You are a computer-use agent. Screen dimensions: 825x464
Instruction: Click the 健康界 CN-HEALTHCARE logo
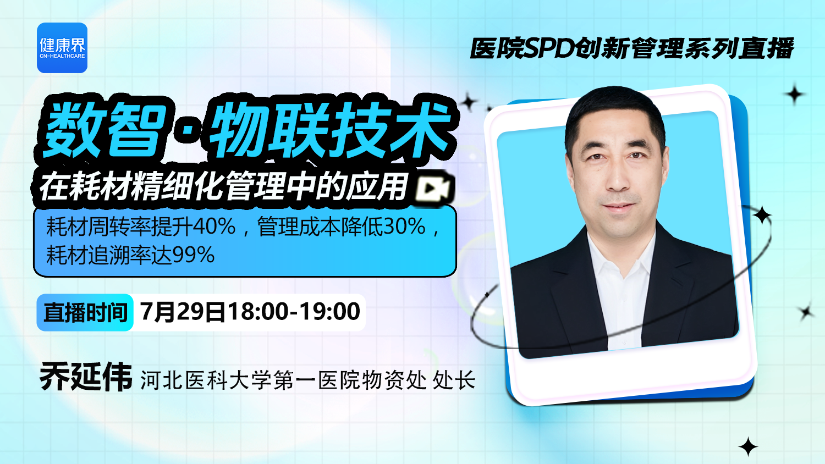(62, 48)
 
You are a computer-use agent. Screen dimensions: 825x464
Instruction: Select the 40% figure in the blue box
(214, 227)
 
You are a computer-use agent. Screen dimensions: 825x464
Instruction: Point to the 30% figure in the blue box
(404, 227)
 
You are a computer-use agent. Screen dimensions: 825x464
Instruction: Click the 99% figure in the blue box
(194, 255)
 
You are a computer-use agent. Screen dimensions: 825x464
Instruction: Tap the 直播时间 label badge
(85, 313)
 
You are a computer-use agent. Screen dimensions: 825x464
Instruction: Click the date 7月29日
(182, 312)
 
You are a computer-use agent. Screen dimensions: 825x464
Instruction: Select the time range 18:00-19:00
(294, 312)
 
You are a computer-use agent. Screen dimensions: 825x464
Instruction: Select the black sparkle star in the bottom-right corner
(748, 447)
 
